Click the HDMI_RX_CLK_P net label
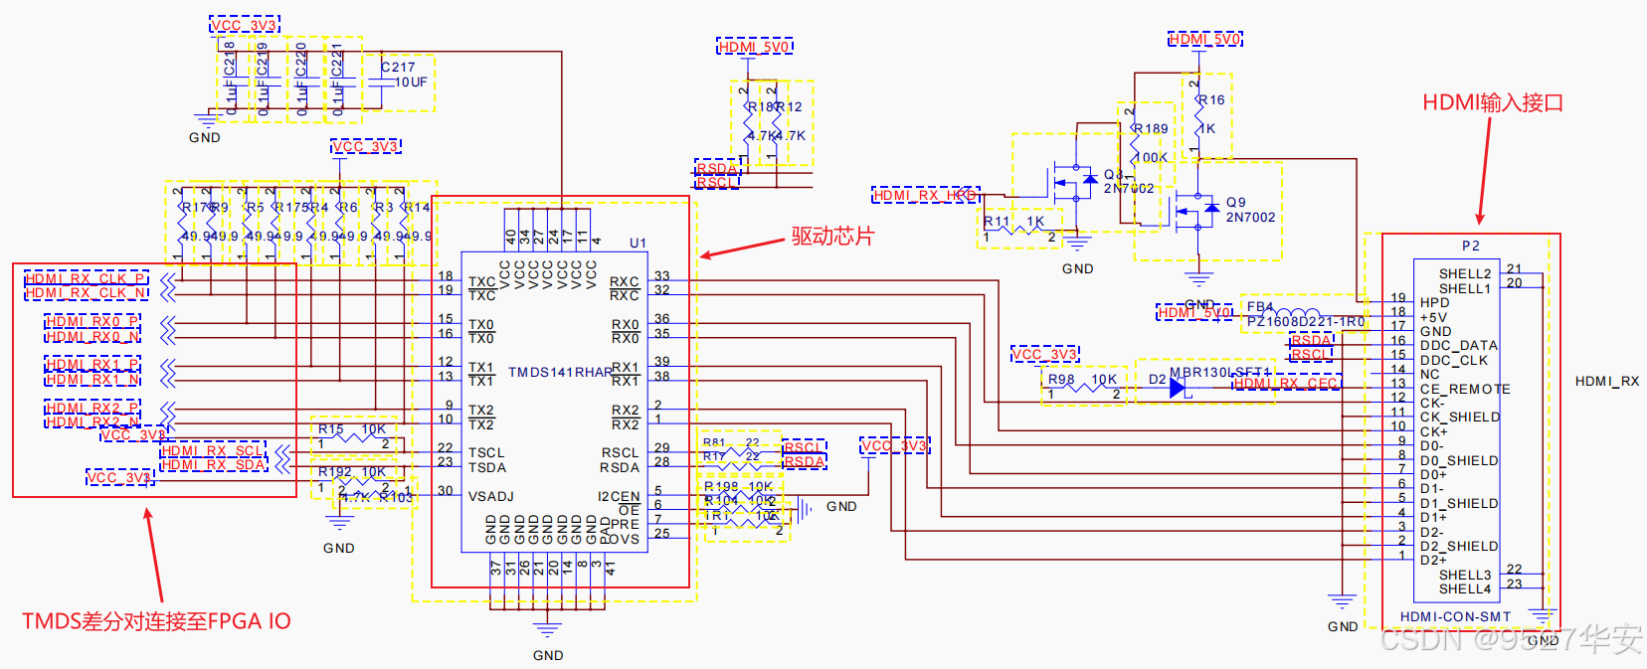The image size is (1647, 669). [x=86, y=278]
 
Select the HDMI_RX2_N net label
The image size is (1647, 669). [x=92, y=422]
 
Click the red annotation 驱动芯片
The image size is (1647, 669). [x=832, y=237]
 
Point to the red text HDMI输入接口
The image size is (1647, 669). [x=1493, y=102]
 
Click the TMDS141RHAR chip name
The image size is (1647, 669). [x=560, y=373]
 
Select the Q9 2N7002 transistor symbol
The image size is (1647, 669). [x=1196, y=209]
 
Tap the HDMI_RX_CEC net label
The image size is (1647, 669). [x=1286, y=384]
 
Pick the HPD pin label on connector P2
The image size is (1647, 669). [x=1434, y=302]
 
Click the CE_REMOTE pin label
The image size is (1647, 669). [x=1465, y=389]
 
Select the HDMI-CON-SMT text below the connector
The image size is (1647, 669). [x=1455, y=616]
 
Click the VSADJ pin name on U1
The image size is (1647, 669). [x=491, y=496]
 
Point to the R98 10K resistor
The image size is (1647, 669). [x=1083, y=387]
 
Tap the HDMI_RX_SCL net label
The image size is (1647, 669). [x=212, y=451]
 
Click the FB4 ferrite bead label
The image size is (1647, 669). [x=1259, y=307]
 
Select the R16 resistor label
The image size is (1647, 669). [x=1211, y=99]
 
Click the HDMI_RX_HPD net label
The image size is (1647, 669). [x=925, y=195]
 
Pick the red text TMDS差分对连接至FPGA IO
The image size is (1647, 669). [x=156, y=621]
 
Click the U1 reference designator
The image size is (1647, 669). [x=638, y=243]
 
